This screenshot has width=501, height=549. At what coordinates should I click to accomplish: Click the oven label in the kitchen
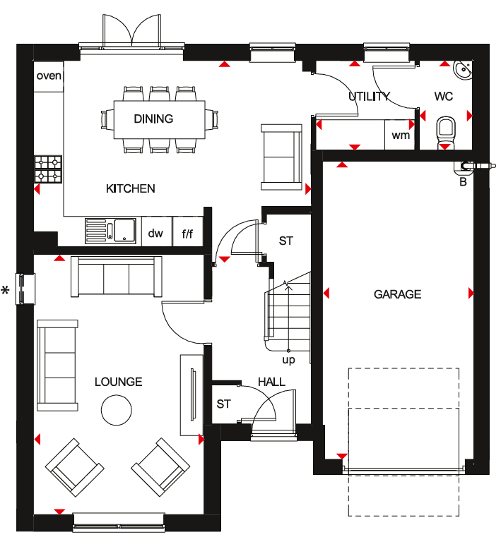pyautogui.click(x=49, y=76)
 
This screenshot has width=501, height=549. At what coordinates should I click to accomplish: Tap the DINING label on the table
pyautogui.click(x=153, y=119)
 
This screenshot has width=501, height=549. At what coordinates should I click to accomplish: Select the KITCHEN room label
pyautogui.click(x=130, y=188)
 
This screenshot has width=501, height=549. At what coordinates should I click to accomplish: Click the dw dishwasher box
pyautogui.click(x=155, y=233)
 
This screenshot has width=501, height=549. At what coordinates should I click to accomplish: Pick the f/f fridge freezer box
pyautogui.click(x=187, y=233)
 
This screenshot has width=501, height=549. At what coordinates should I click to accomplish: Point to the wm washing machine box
pyautogui.click(x=401, y=135)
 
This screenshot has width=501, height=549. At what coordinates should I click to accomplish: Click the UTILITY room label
pyautogui.click(x=369, y=97)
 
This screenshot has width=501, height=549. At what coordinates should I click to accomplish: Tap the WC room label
pyautogui.click(x=444, y=97)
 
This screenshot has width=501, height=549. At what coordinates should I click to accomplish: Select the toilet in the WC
pyautogui.click(x=446, y=131)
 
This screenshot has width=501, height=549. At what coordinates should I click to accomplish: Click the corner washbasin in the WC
pyautogui.click(x=463, y=70)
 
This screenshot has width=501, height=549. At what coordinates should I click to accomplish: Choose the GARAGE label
pyautogui.click(x=397, y=294)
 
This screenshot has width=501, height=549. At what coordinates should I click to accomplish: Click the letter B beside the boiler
pyautogui.click(x=464, y=181)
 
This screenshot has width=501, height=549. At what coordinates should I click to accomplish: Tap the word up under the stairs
pyautogui.click(x=288, y=360)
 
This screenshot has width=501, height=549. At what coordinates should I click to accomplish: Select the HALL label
pyautogui.click(x=271, y=382)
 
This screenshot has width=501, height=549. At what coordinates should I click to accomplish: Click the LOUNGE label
pyautogui.click(x=119, y=382)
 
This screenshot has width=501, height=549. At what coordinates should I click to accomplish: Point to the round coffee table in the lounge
pyautogui.click(x=116, y=409)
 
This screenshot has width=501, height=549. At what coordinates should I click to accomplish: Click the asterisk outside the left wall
pyautogui.click(x=6, y=290)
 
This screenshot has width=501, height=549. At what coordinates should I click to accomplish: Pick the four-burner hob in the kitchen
pyautogui.click(x=49, y=169)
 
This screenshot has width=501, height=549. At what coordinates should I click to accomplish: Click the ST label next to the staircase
pyautogui.click(x=285, y=241)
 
